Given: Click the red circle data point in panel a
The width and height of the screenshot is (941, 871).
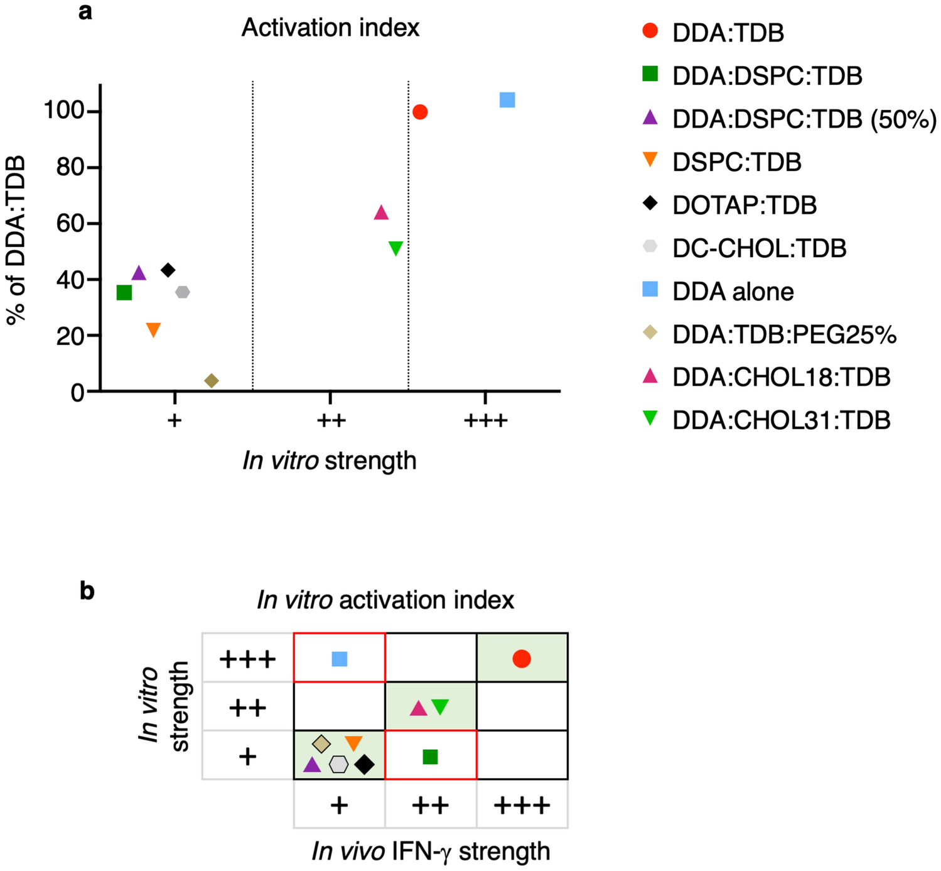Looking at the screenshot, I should tap(420, 112).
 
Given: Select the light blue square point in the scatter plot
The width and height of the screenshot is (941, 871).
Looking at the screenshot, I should tap(507, 100).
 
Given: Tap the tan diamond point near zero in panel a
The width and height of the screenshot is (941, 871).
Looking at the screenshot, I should tap(212, 381).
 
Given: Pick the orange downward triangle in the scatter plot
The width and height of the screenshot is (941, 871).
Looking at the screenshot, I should tap(153, 329).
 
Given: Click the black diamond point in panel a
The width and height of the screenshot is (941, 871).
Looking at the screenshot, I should tap(168, 270).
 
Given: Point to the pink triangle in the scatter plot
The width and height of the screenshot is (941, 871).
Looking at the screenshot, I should tap(381, 213).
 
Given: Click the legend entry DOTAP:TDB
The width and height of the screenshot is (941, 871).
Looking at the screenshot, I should tap(744, 205).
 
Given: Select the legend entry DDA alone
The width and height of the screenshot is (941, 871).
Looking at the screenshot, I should tap(733, 292).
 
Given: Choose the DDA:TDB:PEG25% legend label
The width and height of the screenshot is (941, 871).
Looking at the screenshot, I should tap(783, 334).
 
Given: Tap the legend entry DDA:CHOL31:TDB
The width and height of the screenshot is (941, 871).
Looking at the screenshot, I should tap(781, 420).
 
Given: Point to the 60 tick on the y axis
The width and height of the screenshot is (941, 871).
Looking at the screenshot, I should tap(70, 223).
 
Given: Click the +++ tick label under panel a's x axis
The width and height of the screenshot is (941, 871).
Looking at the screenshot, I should tap(485, 420).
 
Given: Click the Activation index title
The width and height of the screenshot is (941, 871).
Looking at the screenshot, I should tap(330, 28).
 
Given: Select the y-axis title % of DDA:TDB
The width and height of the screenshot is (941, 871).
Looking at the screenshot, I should tap(17, 240).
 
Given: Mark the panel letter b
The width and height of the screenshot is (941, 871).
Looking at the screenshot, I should tap(87, 591).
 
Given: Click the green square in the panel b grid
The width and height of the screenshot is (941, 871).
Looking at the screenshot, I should tap(430, 757).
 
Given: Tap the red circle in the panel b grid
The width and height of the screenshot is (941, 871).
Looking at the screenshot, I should tap(521, 659).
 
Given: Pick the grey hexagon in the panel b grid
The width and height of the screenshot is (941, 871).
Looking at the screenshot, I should tap(339, 764).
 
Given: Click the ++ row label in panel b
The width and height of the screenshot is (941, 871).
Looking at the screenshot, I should tap(247, 708).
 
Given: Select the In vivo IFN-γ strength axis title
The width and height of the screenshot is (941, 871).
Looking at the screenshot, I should tap(431, 852).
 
